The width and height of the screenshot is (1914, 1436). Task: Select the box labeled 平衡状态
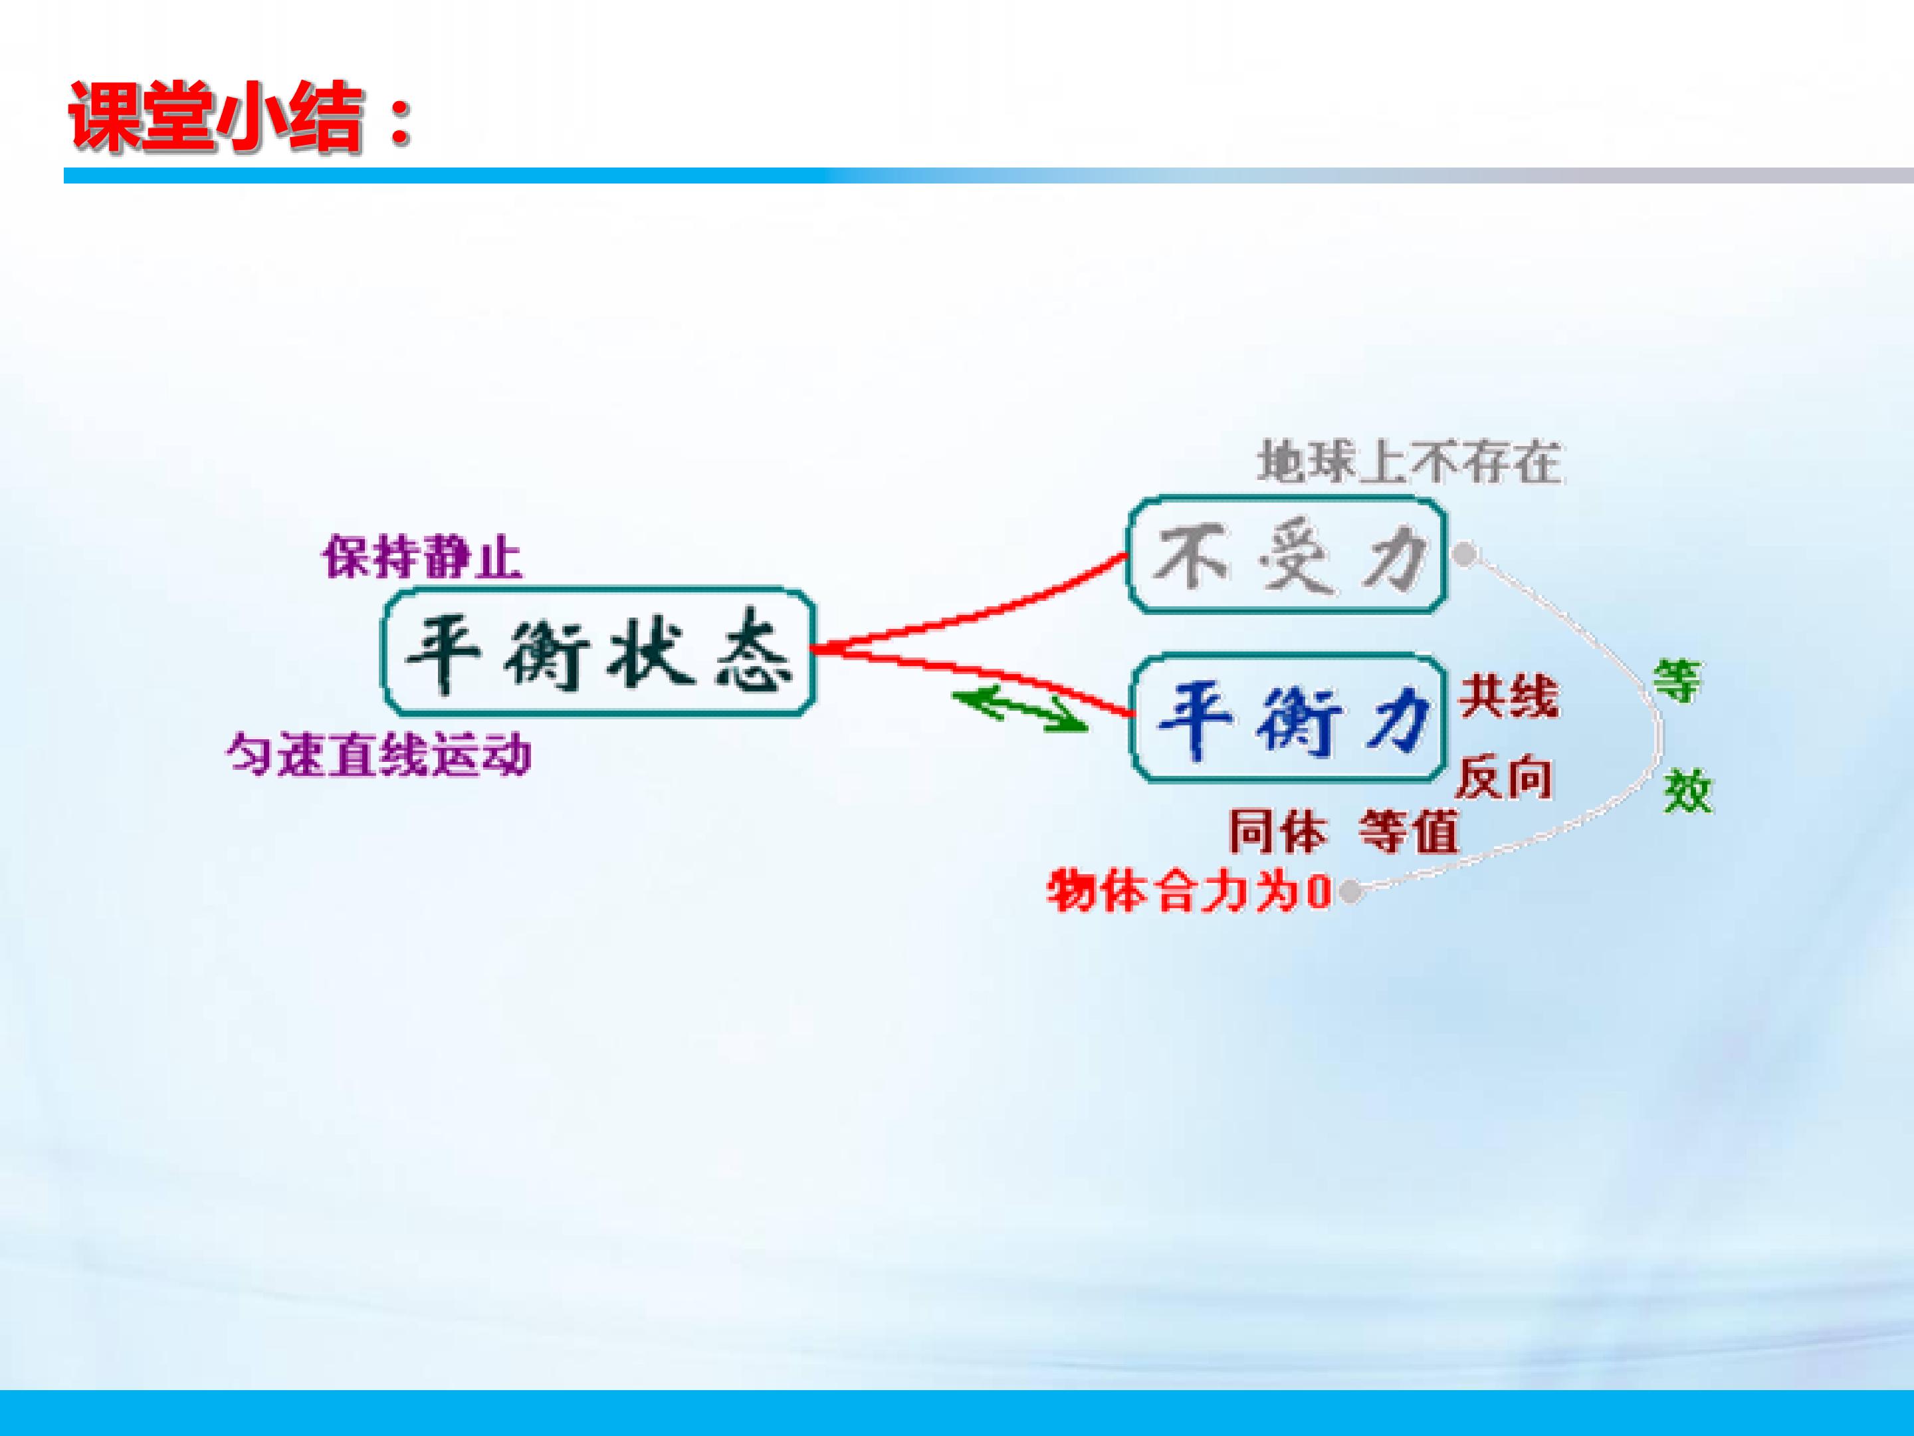[599, 653]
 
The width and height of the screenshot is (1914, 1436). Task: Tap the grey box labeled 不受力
[1286, 555]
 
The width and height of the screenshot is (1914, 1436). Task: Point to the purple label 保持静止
[422, 558]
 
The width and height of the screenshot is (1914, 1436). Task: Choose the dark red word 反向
[1505, 778]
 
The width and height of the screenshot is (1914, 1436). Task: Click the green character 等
[1677, 682]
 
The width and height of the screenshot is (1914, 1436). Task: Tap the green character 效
[1687, 790]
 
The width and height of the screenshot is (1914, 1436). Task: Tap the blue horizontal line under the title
[989, 176]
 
